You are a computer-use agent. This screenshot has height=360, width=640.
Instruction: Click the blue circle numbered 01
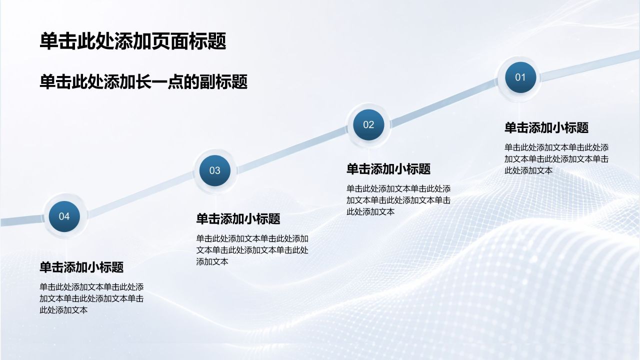coord(520,77)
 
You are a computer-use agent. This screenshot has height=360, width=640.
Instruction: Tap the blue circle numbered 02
coord(368,124)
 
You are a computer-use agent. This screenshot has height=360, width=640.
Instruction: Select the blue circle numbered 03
coord(215,170)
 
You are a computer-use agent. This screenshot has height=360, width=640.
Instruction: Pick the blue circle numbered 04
coord(64,216)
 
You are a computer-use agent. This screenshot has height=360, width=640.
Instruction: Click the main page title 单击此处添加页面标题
coord(133,41)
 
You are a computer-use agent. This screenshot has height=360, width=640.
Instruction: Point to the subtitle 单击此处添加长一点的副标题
coord(143,82)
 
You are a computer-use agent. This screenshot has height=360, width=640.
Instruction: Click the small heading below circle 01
coord(546,127)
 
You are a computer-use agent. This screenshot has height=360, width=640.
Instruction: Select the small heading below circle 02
coord(388,169)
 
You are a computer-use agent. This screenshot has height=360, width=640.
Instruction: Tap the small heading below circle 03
coord(238,219)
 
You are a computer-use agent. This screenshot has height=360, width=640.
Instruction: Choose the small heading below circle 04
coord(81,267)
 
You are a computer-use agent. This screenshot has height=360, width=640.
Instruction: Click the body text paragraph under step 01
coord(556,159)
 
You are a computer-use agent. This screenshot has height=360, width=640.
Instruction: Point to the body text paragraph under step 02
coord(398,200)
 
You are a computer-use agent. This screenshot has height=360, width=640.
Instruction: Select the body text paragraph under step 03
coord(252,250)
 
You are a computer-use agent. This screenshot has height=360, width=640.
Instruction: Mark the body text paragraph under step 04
coord(91,298)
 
